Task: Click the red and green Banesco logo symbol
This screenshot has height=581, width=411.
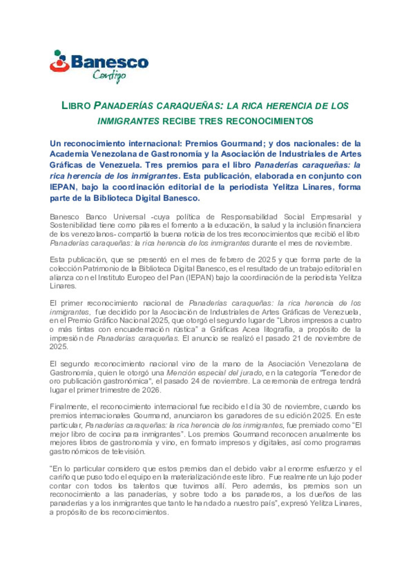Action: tap(59, 61)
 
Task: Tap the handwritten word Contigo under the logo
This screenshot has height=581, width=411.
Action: tap(109, 76)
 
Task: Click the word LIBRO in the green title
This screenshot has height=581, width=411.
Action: tap(76, 106)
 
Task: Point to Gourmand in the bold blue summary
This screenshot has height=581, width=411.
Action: tap(241, 143)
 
